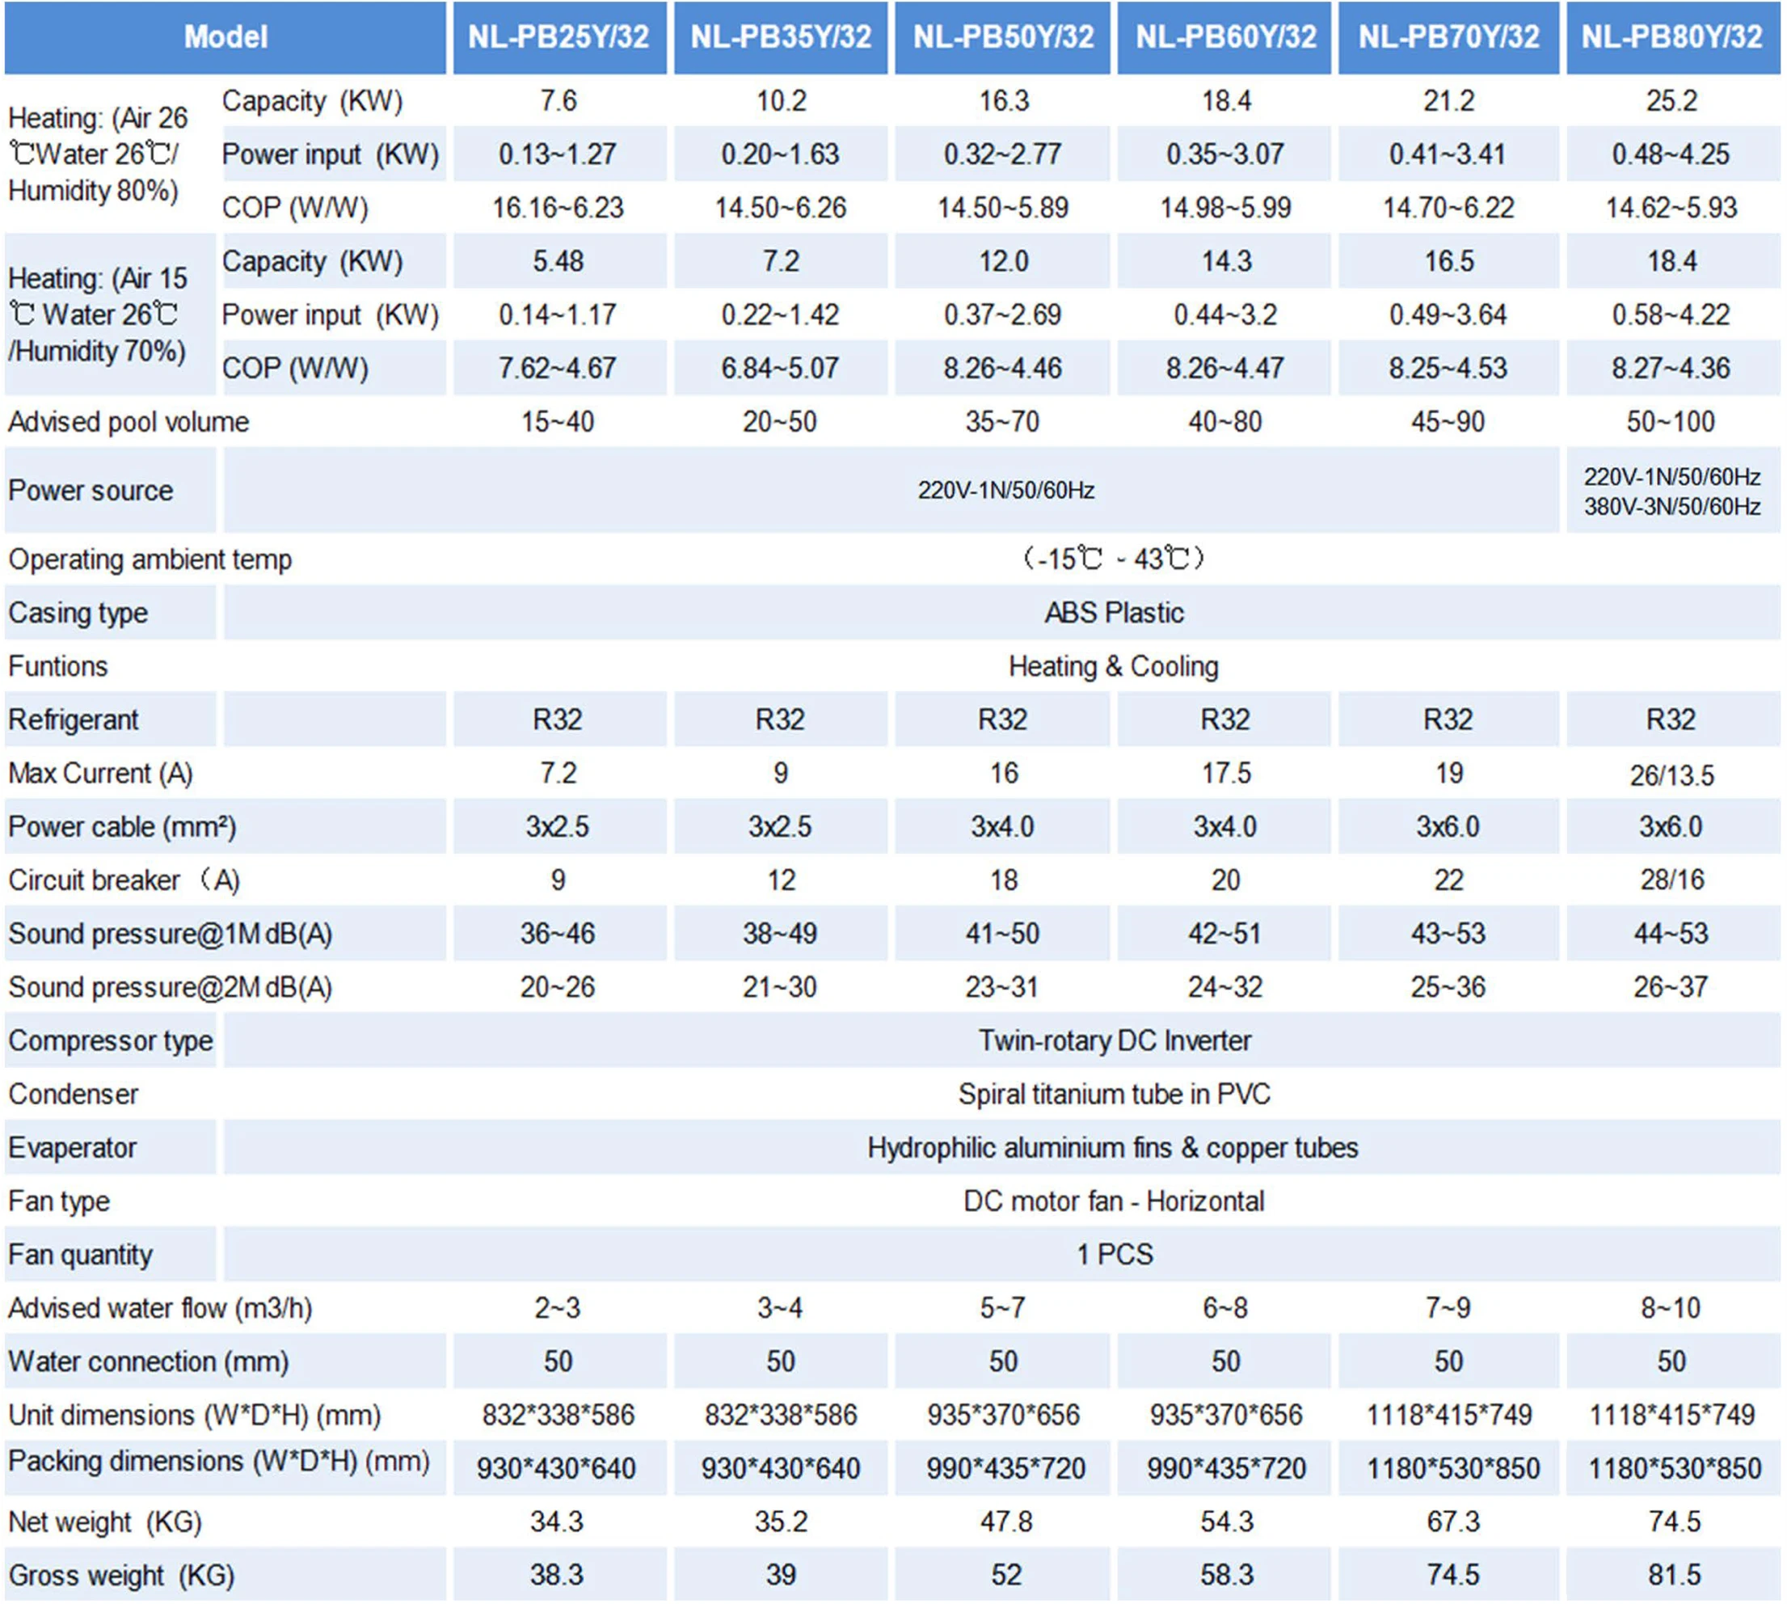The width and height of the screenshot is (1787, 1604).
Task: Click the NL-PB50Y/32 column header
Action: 1003,37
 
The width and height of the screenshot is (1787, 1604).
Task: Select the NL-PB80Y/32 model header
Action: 1671,37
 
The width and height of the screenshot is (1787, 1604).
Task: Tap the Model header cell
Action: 225,37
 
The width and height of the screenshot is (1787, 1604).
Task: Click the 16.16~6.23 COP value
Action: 558,208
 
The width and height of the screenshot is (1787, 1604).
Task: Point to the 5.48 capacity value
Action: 558,262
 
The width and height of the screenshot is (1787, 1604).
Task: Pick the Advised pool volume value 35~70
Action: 1003,422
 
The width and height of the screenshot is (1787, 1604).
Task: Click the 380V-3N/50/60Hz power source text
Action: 1671,507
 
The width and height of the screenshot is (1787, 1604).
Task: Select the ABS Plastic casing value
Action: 1114,614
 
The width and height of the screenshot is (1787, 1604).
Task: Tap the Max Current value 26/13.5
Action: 1671,775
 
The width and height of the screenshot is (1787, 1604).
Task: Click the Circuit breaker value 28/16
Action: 1671,880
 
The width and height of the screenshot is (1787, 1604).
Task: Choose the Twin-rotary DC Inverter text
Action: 1114,1040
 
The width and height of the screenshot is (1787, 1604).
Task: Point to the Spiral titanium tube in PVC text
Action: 1114,1095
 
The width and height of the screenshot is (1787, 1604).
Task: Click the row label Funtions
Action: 58,667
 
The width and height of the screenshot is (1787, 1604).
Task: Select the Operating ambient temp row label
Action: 150,559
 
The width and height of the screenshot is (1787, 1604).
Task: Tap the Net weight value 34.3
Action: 557,1522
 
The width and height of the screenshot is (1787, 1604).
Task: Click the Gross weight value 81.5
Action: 1673,1575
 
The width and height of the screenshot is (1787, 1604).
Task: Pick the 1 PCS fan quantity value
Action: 1114,1254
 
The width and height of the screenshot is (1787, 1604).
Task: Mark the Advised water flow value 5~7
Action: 1003,1308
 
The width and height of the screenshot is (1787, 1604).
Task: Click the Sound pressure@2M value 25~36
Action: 1448,987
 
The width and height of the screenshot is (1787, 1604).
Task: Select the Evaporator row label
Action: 72,1148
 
